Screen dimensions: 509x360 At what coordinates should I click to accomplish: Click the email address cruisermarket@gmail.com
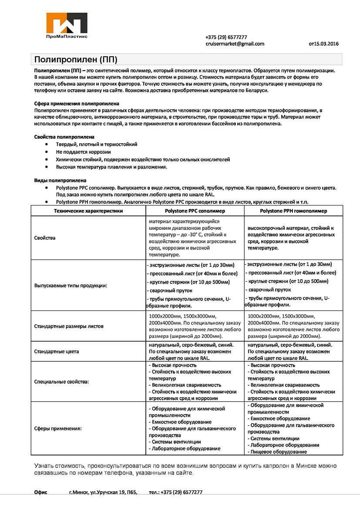click(235, 44)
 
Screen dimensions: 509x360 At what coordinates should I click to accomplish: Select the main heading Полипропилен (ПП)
click(76, 59)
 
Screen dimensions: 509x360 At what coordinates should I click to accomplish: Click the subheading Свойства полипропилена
click(64, 137)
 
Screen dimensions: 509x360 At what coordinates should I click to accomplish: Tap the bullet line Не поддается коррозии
click(83, 152)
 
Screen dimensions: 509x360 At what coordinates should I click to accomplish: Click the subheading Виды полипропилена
click(60, 180)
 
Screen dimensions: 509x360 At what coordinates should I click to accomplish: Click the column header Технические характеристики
click(88, 211)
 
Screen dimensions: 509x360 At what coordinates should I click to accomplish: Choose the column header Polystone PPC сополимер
click(195, 211)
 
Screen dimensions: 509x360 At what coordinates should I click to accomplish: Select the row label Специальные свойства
click(61, 381)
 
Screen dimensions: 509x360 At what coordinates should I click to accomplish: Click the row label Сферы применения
click(58, 428)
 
